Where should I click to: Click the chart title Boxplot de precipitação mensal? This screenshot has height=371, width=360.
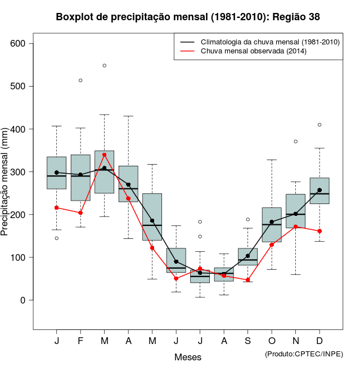pos(188,17)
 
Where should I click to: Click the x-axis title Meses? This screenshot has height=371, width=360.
pos(187,357)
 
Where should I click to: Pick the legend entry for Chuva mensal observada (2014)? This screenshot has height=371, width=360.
pos(253,51)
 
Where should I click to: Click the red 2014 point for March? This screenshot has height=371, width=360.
pos(105,155)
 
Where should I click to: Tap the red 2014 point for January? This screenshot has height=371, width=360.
pos(56,207)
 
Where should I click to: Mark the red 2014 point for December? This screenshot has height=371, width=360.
pos(319,231)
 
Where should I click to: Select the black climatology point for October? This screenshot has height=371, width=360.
pos(272,222)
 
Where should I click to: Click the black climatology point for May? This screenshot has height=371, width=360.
pos(152,220)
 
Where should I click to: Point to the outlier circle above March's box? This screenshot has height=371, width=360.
pos(105,66)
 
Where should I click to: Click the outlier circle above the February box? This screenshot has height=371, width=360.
pos(80,80)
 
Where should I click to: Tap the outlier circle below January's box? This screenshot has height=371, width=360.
pos(56,238)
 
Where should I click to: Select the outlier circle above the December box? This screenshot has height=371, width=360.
pos(319,125)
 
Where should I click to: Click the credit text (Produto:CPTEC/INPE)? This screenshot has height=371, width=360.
pos(304,354)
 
